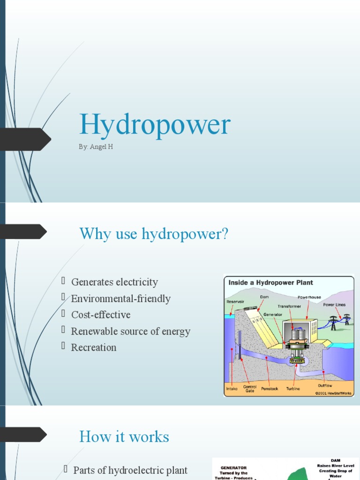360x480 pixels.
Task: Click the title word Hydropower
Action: tap(155, 125)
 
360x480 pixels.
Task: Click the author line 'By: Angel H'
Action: tap(96, 147)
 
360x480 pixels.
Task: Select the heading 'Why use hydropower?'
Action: tap(154, 233)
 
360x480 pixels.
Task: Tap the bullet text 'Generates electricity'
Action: tap(114, 282)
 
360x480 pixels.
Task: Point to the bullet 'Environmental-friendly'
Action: tap(120, 299)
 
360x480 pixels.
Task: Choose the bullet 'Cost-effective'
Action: tap(101, 315)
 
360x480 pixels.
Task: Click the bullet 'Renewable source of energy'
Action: tap(130, 331)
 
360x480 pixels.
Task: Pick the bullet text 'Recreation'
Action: tap(94, 347)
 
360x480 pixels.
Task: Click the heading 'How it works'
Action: tap(124, 436)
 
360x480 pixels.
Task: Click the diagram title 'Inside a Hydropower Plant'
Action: tap(270, 283)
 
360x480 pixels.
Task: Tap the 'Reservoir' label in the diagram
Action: tap(235, 301)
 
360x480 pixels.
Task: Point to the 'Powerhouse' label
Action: tap(309, 297)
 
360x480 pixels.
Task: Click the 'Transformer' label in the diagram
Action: tap(289, 306)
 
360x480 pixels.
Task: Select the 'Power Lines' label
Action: tap(334, 305)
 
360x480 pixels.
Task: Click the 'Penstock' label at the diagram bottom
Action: tap(270, 389)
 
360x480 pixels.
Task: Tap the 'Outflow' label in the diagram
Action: tap(325, 385)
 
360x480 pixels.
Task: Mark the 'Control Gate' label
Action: tap(250, 389)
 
